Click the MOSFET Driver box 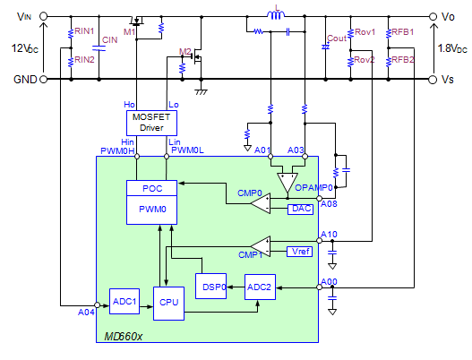click(151, 123)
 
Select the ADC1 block click(124, 301)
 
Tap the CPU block click(168, 303)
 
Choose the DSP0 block click(210, 286)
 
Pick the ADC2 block click(260, 287)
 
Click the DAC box click(300, 210)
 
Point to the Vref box click(299, 252)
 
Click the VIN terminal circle click(44, 16)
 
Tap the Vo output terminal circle click(433, 16)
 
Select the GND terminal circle click(44, 79)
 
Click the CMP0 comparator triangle click(261, 203)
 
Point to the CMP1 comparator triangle click(261, 246)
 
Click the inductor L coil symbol click(276, 14)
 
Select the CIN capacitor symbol click(99, 47)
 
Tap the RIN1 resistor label click(84, 31)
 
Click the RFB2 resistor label click(403, 60)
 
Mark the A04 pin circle click(97, 305)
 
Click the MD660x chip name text click(123, 336)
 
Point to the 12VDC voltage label click(25, 48)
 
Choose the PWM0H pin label click(117, 150)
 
